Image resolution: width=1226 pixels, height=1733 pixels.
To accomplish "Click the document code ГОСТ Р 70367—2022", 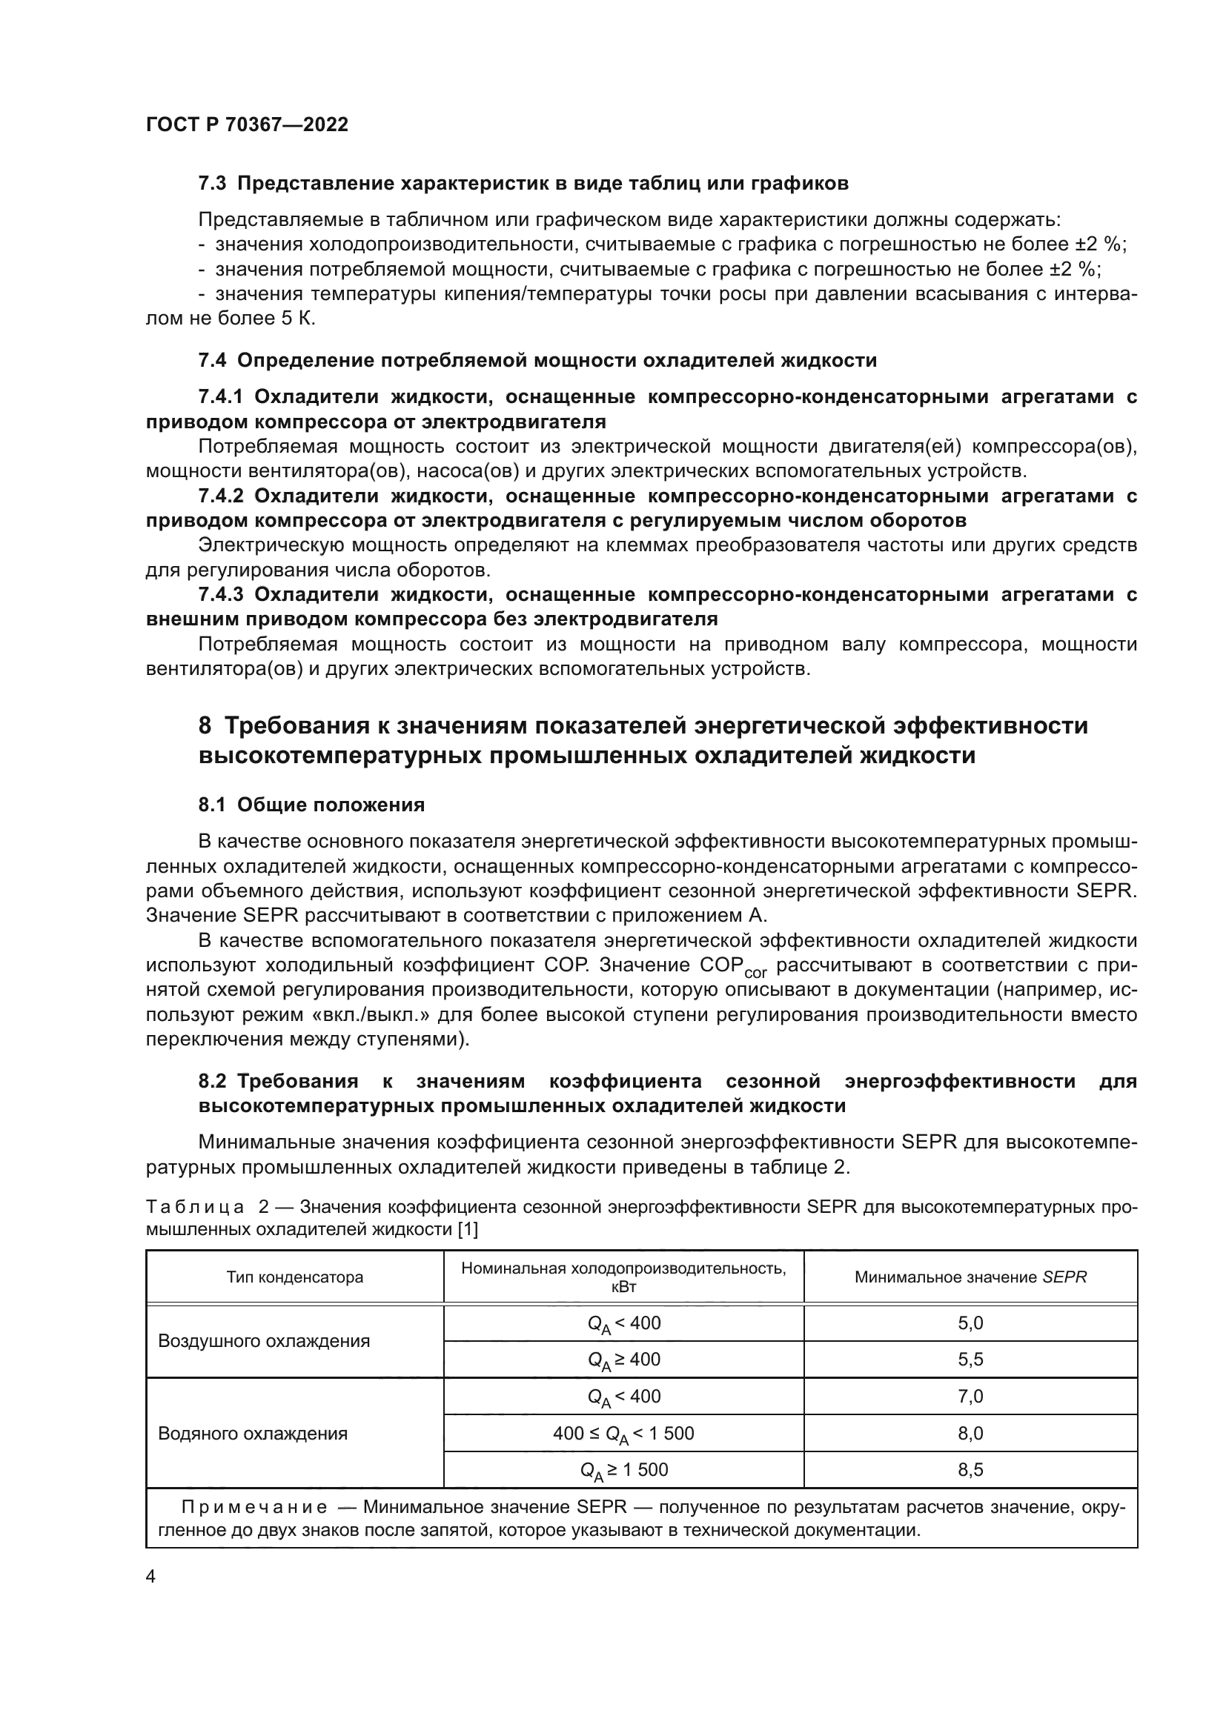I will (x=247, y=124).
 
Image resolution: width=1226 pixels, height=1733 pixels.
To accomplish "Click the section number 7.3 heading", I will (x=212, y=184).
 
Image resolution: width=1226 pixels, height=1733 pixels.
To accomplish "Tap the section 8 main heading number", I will (x=205, y=725).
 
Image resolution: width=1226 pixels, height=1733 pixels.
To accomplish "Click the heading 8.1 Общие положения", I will (x=311, y=805).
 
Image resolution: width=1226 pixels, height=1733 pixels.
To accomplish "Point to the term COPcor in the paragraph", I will (x=732, y=967).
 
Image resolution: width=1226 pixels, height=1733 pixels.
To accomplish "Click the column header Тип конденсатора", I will (x=294, y=1277).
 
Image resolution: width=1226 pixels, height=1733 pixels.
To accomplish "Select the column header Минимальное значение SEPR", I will (x=970, y=1277).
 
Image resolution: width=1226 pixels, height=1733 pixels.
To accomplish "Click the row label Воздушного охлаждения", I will (x=263, y=1341).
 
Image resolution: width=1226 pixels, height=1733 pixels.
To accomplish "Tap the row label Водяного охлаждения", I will (x=252, y=1434).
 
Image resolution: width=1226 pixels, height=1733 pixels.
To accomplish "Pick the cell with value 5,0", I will (x=970, y=1323).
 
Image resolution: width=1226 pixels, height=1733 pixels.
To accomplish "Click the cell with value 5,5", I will (x=970, y=1360).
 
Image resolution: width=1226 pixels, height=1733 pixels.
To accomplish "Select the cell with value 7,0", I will (x=970, y=1397).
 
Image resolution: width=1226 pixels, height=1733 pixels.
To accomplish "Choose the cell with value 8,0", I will (x=970, y=1434).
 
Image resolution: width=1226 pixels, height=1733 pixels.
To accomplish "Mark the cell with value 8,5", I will (x=970, y=1469).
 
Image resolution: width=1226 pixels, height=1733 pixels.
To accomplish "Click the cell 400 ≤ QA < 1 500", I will (x=623, y=1434).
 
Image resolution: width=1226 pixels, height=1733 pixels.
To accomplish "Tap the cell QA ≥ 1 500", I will (x=623, y=1470).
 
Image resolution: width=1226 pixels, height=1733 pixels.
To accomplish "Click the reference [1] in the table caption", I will (x=468, y=1230).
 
